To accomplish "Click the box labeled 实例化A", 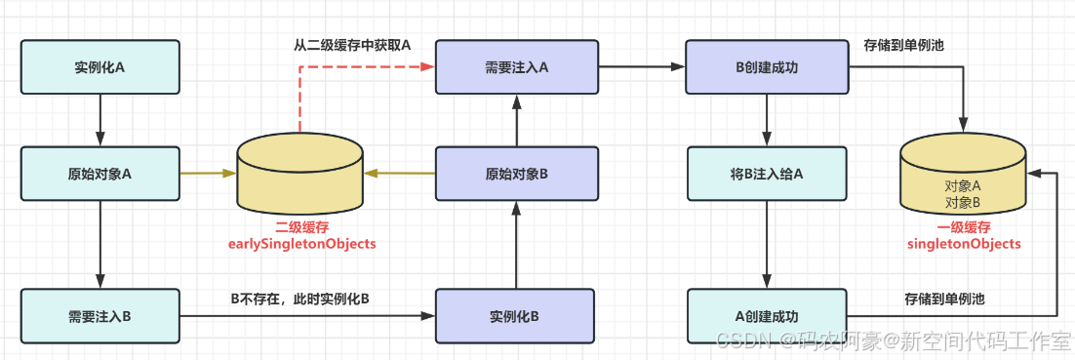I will click(x=100, y=67).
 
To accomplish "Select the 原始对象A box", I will click(x=100, y=174).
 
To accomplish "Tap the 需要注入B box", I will click(x=100, y=316).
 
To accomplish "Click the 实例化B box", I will click(x=514, y=316).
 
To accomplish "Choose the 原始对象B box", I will click(x=514, y=174).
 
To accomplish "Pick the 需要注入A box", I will click(x=514, y=67).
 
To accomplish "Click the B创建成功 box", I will click(x=766, y=67).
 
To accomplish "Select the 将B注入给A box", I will click(x=766, y=174).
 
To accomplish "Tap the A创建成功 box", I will click(x=766, y=316).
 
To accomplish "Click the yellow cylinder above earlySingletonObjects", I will click(x=300, y=174).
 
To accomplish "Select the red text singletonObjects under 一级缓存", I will click(x=963, y=244).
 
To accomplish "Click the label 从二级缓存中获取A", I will click(x=352, y=45).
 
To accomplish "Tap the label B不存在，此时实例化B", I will click(x=299, y=299).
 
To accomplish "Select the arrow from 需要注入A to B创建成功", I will click(x=640, y=67).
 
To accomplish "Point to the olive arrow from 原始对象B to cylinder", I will click(x=400, y=174).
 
